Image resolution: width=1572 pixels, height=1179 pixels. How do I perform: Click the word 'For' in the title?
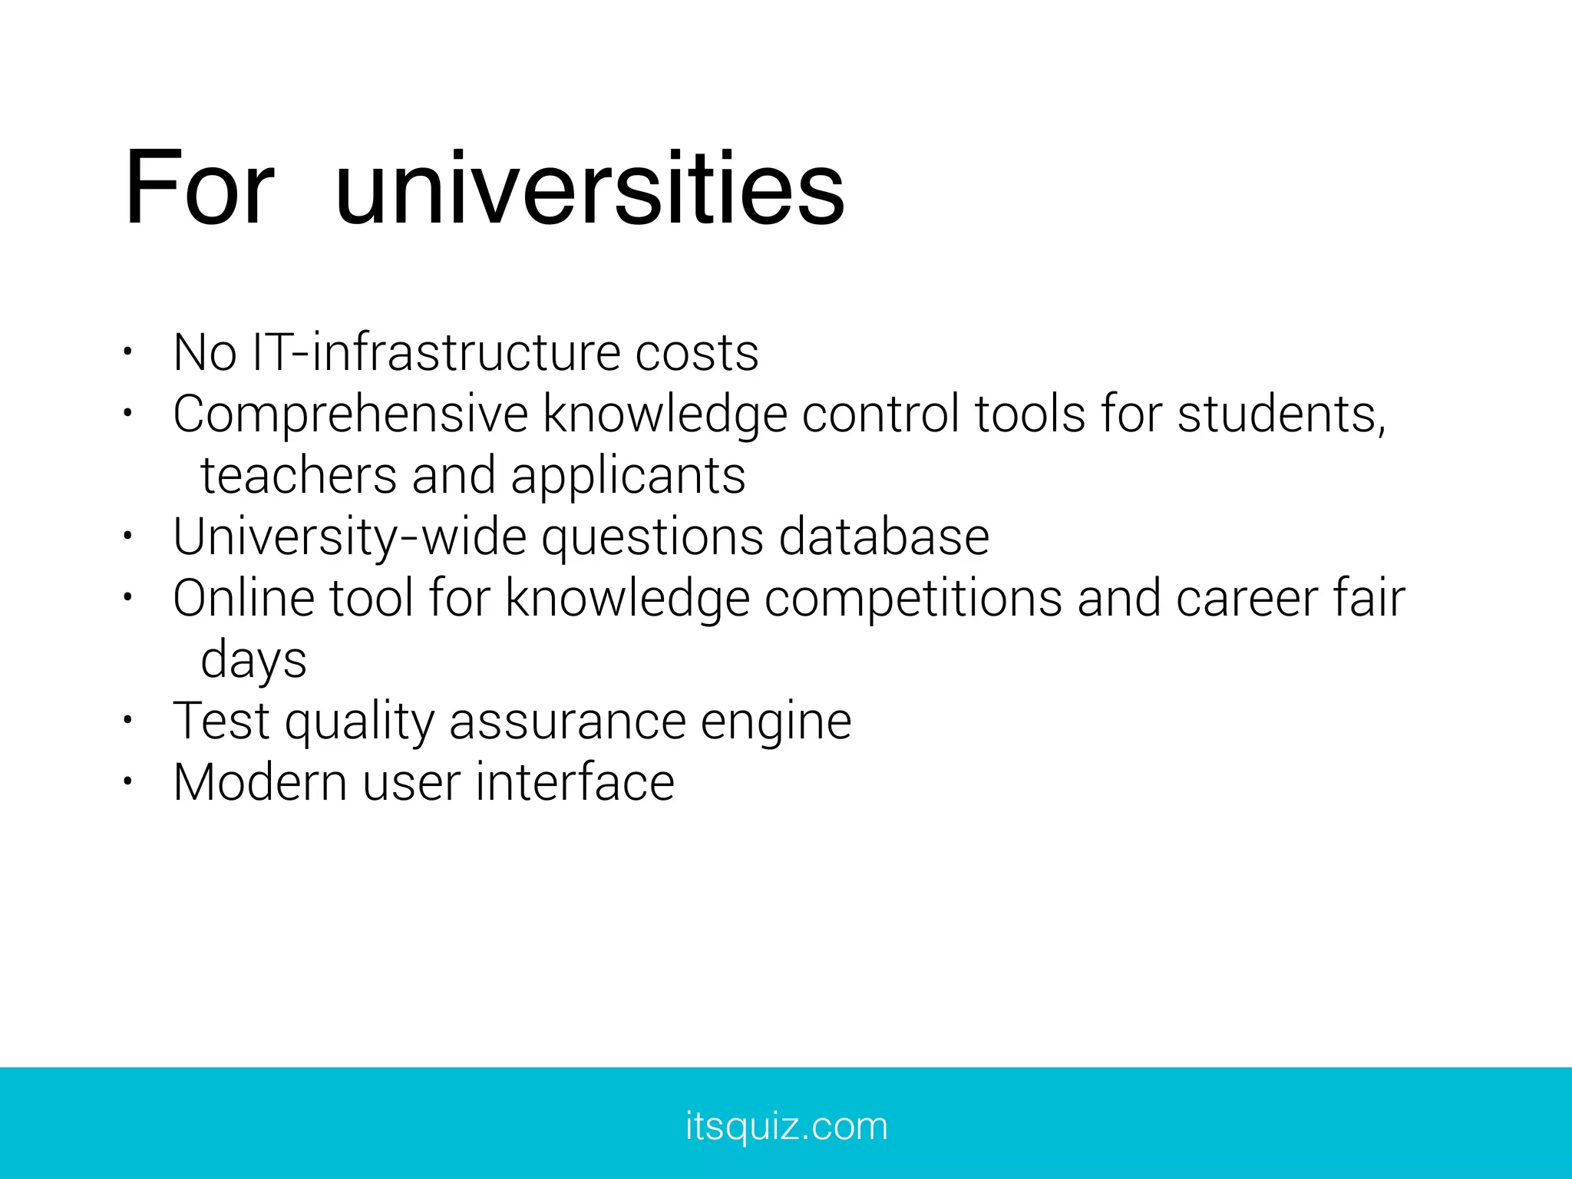pyautogui.click(x=199, y=188)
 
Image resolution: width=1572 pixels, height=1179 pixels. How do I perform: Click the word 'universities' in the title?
pyautogui.click(x=589, y=188)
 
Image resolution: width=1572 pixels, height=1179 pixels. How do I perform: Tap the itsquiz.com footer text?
pyautogui.click(x=786, y=1126)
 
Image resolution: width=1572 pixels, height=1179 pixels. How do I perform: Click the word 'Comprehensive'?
pyautogui.click(x=351, y=415)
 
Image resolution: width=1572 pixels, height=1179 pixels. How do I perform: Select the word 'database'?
pyautogui.click(x=884, y=537)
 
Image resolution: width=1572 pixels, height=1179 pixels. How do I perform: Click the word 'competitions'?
pyautogui.click(x=913, y=599)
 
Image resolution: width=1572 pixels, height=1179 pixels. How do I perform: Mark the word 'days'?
pyautogui.click(x=253, y=661)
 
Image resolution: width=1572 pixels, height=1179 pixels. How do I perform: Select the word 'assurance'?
pyautogui.click(x=567, y=722)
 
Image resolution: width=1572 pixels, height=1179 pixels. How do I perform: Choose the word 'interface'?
pyautogui.click(x=575, y=782)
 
